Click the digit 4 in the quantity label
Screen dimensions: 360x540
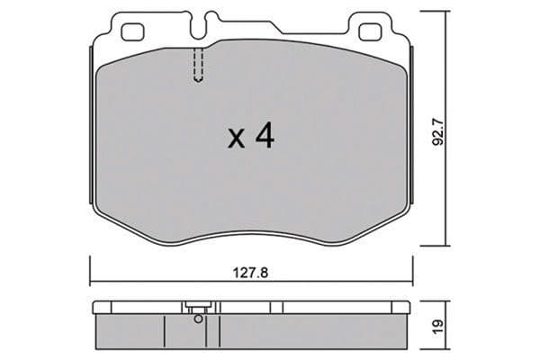pyautogui.click(x=265, y=136)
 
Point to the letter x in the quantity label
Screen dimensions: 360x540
pyautogui.click(x=237, y=139)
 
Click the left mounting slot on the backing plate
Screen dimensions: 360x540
pyautogui.click(x=133, y=32)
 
